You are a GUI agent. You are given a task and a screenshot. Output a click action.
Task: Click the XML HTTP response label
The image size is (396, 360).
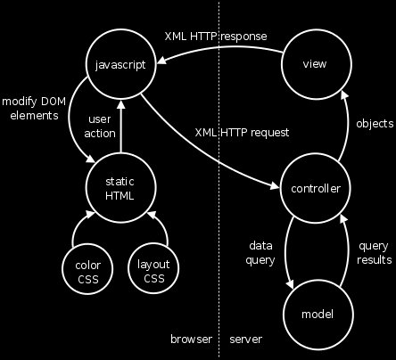tap(216, 37)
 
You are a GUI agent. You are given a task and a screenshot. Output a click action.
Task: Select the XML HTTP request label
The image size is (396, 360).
tap(242, 133)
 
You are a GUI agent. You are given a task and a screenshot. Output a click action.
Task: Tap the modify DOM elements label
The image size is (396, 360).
tap(34, 109)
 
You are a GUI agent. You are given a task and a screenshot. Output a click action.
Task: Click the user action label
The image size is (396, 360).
tap(100, 127)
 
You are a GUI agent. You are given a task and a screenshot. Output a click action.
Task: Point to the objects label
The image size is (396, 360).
tap(375, 123)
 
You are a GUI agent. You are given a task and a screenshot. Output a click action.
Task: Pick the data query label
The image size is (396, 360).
tap(260, 253)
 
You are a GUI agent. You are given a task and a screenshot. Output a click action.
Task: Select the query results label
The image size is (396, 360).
tap(375, 253)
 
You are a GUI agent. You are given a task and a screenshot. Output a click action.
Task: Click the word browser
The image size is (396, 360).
tap(191, 339)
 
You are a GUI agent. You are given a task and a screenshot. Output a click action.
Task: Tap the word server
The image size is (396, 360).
tap(246, 340)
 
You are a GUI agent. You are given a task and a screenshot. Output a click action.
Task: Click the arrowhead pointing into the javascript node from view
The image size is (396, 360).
tap(161, 60)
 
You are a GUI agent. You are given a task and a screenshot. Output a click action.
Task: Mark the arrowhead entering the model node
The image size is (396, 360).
tap(290, 283)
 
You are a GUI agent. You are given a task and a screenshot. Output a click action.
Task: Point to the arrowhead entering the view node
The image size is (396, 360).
tap(344, 94)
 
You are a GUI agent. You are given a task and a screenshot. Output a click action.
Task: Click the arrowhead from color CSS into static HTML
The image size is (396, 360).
tap(90, 215)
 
